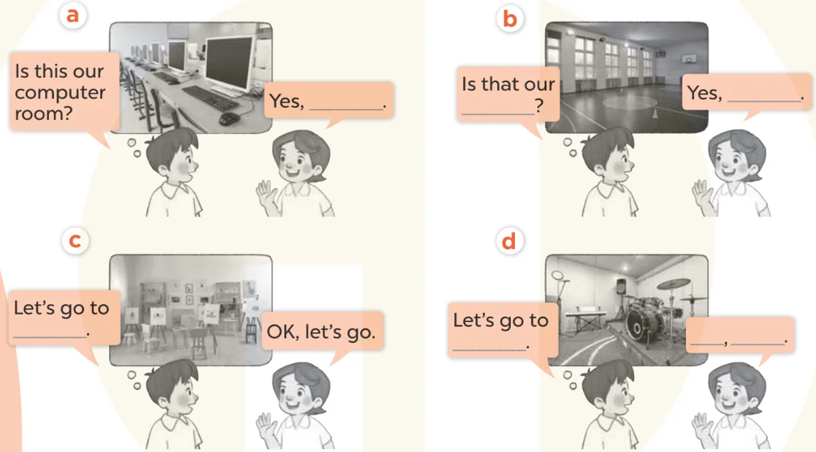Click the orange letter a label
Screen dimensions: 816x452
click(72, 14)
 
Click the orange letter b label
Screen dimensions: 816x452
click(509, 19)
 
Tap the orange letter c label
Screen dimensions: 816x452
click(75, 241)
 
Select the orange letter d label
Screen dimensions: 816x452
click(508, 241)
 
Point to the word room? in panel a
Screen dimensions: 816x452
click(44, 113)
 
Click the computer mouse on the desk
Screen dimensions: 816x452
click(229, 119)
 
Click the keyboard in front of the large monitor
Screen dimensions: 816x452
click(210, 98)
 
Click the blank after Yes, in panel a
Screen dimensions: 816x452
click(346, 109)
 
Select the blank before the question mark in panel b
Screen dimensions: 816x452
click(497, 113)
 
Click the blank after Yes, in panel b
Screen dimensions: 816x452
click(764, 100)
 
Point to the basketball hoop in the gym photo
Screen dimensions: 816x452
click(689, 59)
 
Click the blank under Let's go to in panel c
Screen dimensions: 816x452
click(50, 336)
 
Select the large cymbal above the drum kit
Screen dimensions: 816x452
click(674, 283)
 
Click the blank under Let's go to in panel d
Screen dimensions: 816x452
click(489, 349)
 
